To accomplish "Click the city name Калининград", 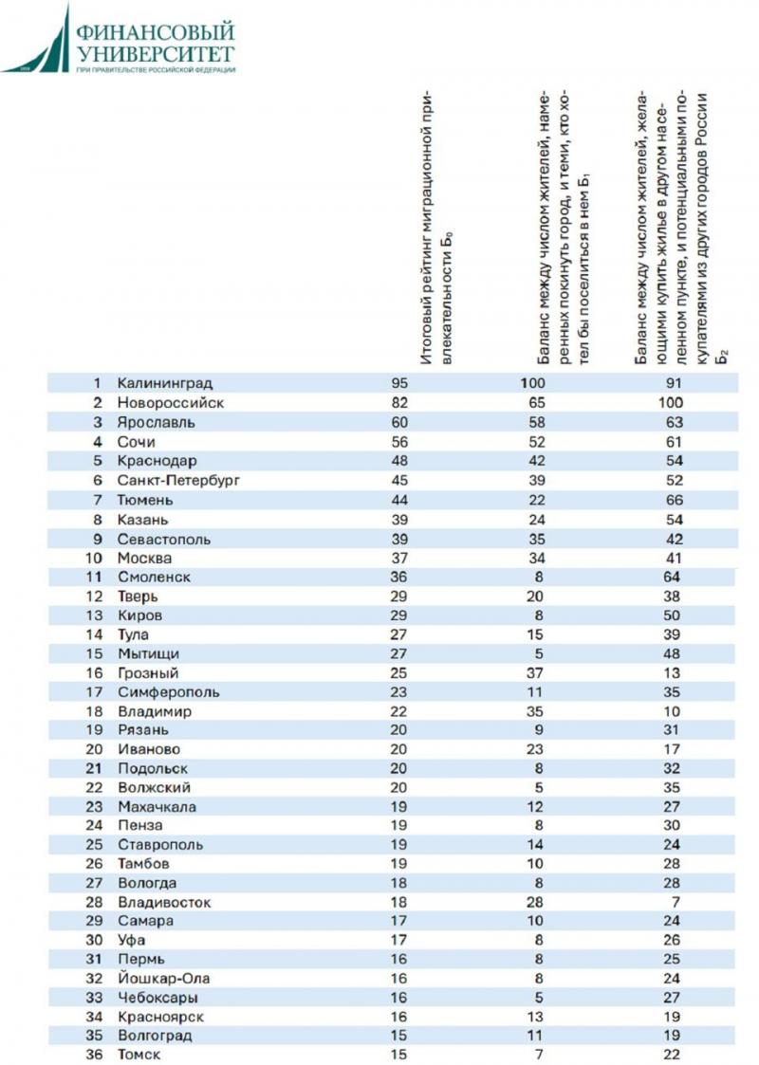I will [x=164, y=383].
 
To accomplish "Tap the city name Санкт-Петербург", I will [x=178, y=480].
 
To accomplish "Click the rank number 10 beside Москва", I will [x=94, y=558].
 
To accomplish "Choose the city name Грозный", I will [x=149, y=673].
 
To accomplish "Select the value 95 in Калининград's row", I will [x=398, y=383].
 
